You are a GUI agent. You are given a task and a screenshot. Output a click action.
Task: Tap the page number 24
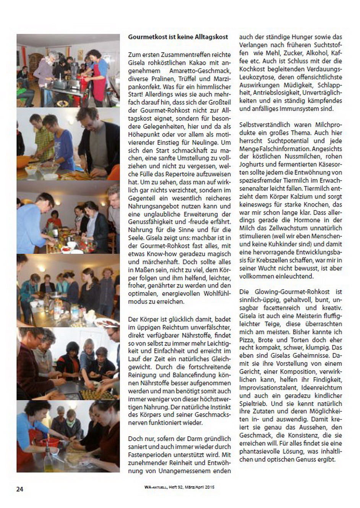[x=19, y=489]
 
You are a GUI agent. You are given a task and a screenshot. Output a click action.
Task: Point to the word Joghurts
[x=251, y=164]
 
